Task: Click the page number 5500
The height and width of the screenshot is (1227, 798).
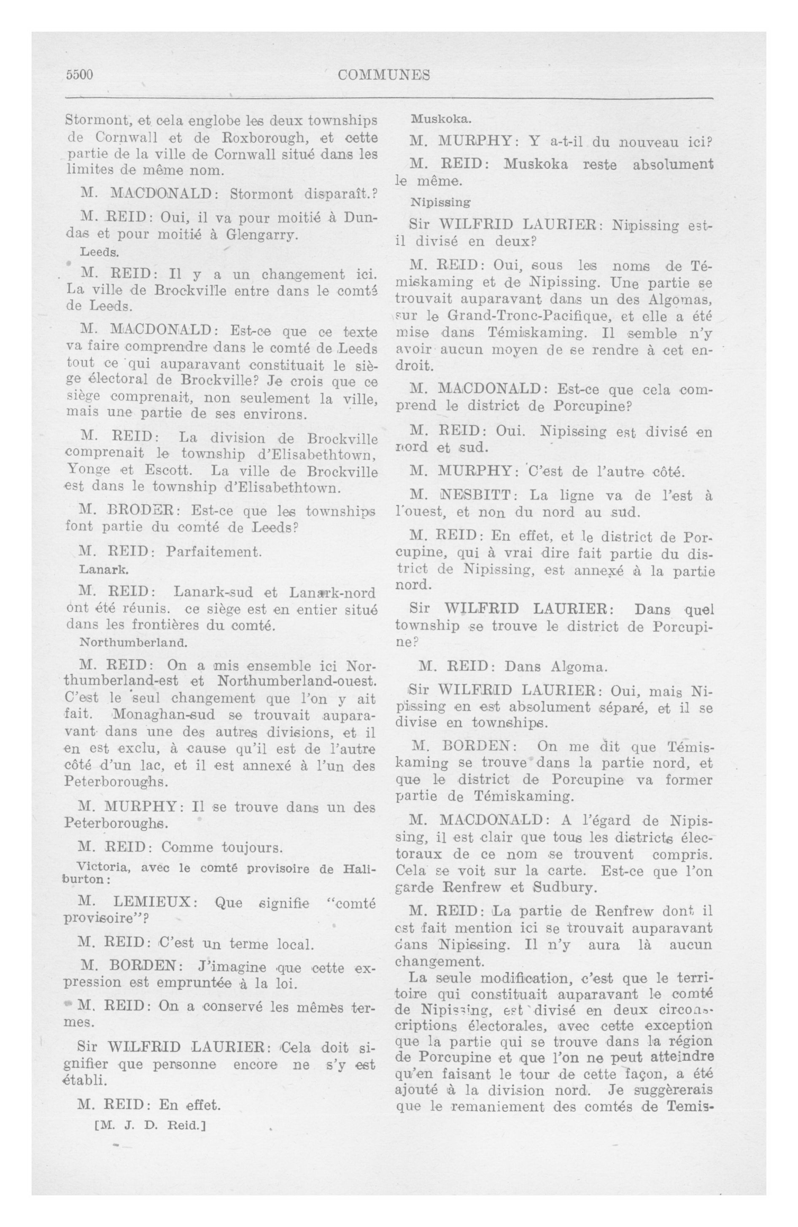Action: point(79,75)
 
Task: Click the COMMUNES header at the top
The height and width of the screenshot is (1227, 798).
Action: point(384,75)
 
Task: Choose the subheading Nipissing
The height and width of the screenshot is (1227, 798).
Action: point(440,202)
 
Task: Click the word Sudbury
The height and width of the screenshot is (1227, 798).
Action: point(564,888)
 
